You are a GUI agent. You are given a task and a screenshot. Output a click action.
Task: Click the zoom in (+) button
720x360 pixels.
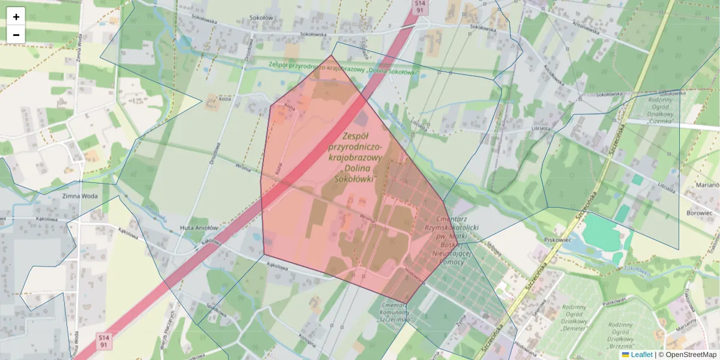click(16, 16)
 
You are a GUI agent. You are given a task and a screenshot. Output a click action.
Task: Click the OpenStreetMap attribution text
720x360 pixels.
click(689, 355)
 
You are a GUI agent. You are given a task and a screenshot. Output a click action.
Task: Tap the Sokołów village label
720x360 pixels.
click(261, 18)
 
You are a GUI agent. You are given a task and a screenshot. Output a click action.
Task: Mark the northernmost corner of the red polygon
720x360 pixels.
click(332, 55)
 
